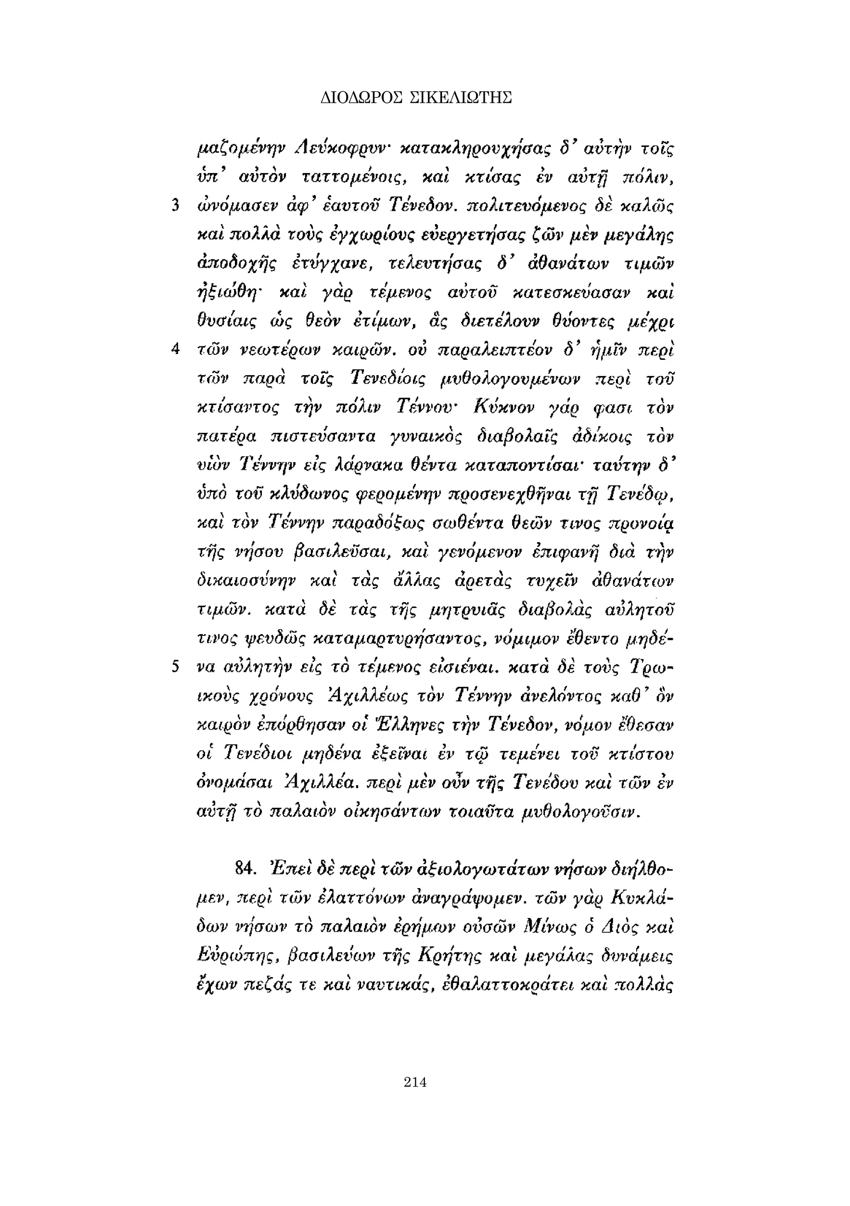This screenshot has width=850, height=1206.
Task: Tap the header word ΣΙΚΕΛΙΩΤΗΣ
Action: point(460,98)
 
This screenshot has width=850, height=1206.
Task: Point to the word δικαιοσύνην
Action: point(245,581)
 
